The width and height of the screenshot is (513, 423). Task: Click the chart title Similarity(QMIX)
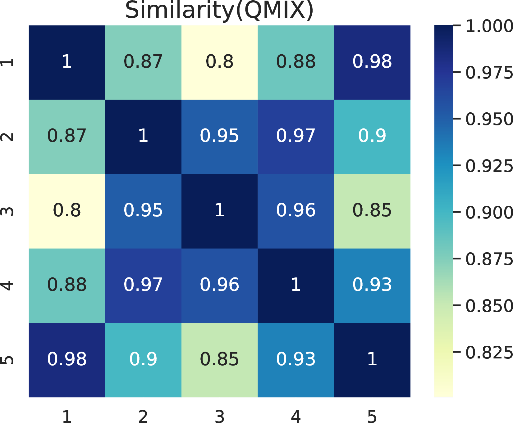point(219,11)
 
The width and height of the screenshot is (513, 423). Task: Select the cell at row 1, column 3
point(219,62)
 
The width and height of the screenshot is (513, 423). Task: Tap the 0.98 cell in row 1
point(372,62)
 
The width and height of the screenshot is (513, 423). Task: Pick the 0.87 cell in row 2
point(67,137)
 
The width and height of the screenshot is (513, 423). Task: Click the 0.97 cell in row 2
point(296,137)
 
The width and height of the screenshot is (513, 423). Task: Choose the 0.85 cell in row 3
point(372,211)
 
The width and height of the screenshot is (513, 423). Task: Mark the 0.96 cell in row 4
point(219,286)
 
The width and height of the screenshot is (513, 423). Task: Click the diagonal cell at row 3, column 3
point(219,211)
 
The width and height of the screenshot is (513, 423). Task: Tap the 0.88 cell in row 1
point(296,62)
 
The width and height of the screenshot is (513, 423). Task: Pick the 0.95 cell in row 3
point(143,211)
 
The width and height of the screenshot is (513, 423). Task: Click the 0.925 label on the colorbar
point(489,166)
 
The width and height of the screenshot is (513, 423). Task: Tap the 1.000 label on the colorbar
point(489,26)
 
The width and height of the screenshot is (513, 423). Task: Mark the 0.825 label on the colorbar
point(489,353)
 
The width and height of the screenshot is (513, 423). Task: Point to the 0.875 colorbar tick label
point(489,259)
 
